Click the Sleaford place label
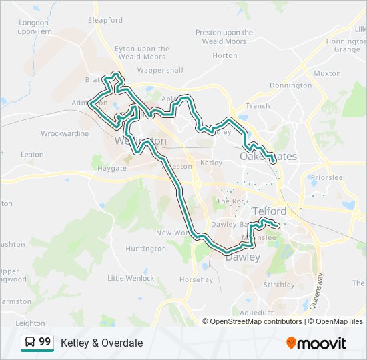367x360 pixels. (105, 20)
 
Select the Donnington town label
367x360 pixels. (290, 85)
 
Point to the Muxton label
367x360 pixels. (327, 73)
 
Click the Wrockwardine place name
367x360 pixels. (65, 133)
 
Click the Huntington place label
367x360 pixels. (146, 249)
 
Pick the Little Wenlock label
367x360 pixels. (131, 278)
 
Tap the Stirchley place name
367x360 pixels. (279, 285)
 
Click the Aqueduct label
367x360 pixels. (256, 313)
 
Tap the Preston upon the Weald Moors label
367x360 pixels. (224, 37)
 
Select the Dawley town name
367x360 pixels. (242, 257)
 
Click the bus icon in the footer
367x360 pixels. (30, 343)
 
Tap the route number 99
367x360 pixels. (45, 342)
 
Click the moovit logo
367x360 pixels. (316, 343)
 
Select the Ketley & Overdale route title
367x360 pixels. (101, 343)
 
